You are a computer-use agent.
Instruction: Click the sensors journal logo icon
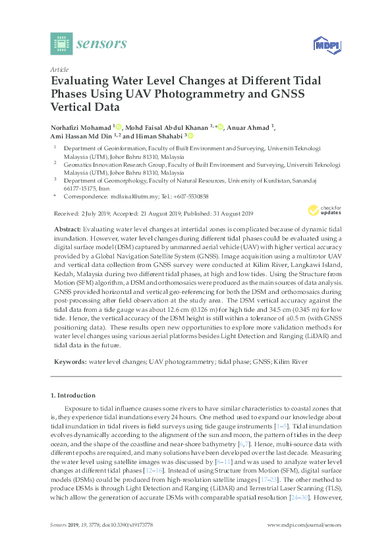point(61,44)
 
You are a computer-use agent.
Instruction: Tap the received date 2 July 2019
point(98,214)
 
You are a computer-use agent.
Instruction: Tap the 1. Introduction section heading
point(72,395)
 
